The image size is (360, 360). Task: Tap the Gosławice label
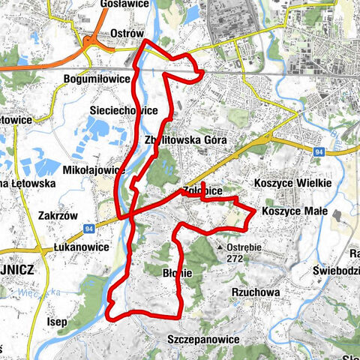(x=121, y=4)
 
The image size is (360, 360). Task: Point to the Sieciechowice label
(x=124, y=110)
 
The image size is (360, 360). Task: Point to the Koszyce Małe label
(x=295, y=211)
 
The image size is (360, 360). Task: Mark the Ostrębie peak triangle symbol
(x=220, y=246)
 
